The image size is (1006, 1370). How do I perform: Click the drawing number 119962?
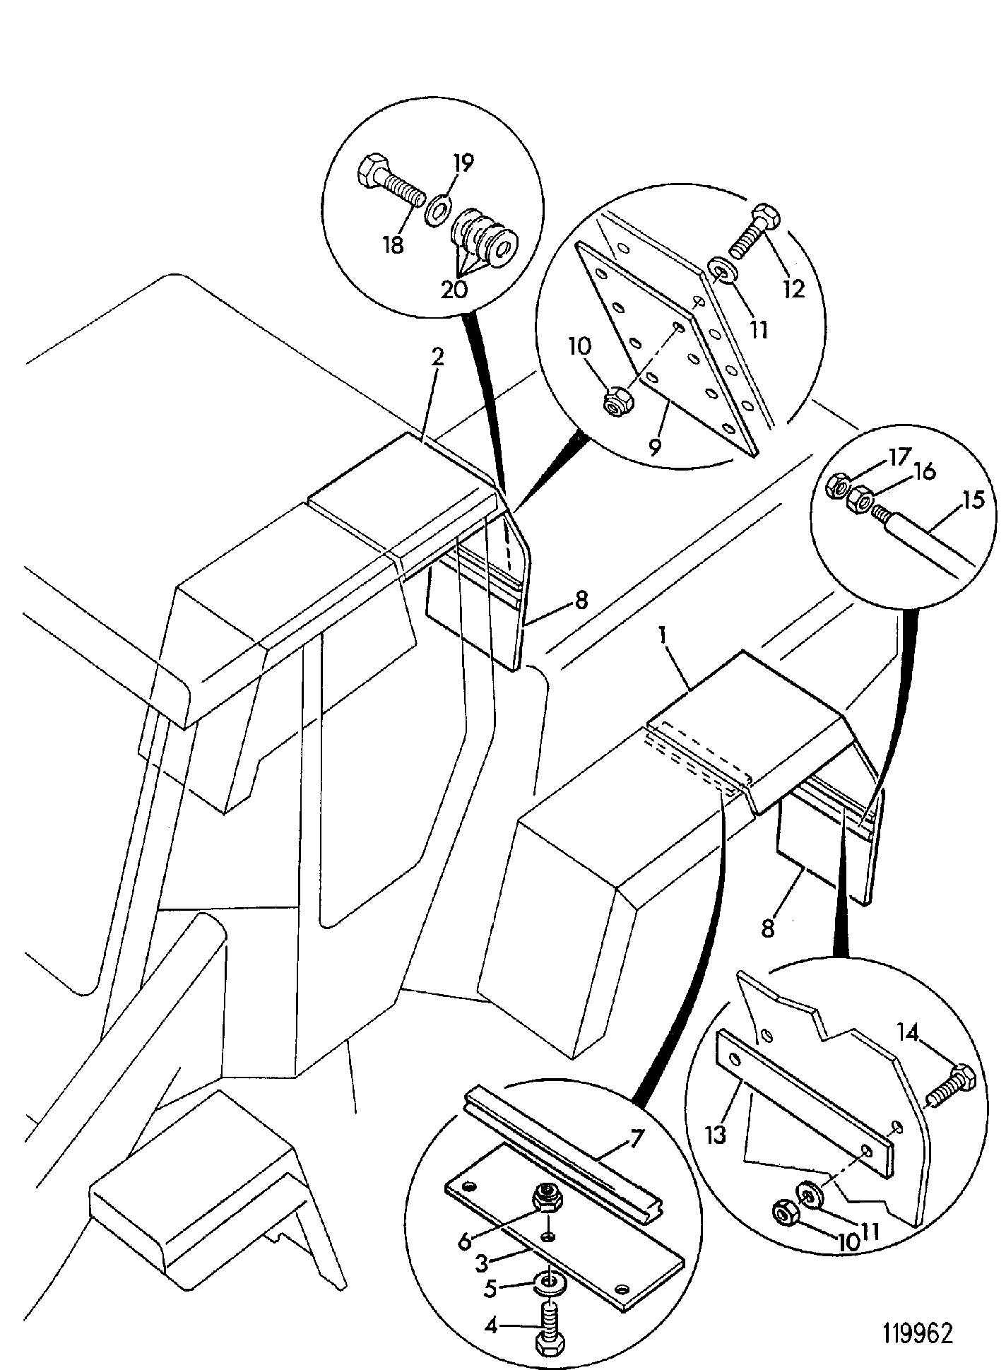pos(917,1333)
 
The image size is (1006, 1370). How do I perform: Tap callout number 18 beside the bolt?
pos(393,244)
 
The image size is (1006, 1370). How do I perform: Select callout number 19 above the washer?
pos(463,163)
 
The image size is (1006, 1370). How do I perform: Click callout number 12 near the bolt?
pos(795,288)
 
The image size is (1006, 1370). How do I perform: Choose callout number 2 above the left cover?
pos(438,357)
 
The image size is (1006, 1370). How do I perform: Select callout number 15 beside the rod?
pos(973,500)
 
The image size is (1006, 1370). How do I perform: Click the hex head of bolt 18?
pos(371,171)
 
